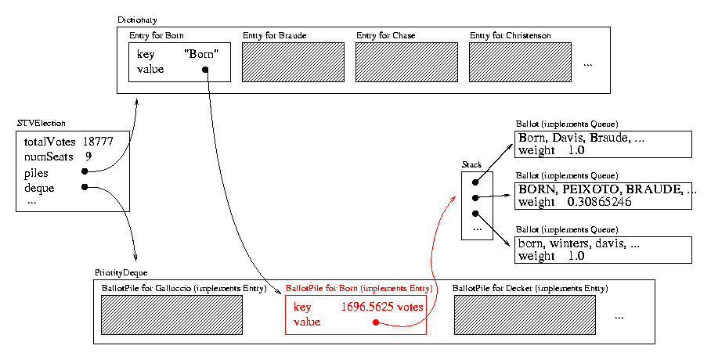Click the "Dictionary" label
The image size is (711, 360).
pos(137,19)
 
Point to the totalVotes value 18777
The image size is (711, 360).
pos(99,142)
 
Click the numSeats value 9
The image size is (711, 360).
pos(88,157)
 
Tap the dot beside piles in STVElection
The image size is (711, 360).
pos(83,171)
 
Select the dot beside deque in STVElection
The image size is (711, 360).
pos(83,187)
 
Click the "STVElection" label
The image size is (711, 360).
pos(41,124)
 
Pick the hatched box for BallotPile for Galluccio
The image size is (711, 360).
pos(171,315)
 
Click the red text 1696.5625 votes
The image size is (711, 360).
pos(382,308)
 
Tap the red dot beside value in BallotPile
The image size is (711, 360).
pos(377,322)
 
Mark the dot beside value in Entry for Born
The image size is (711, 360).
pos(205,70)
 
